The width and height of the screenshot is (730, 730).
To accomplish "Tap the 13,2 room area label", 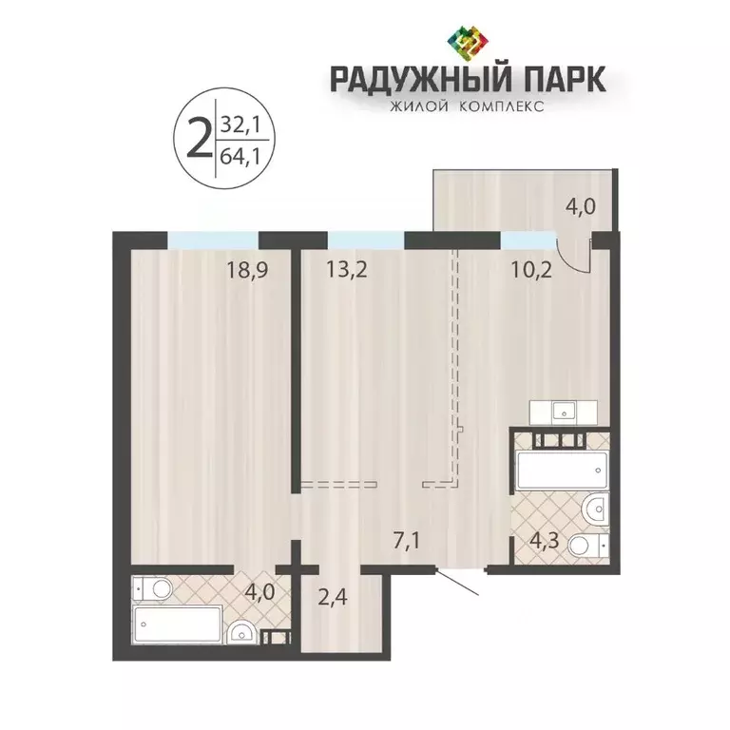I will (322, 270).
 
